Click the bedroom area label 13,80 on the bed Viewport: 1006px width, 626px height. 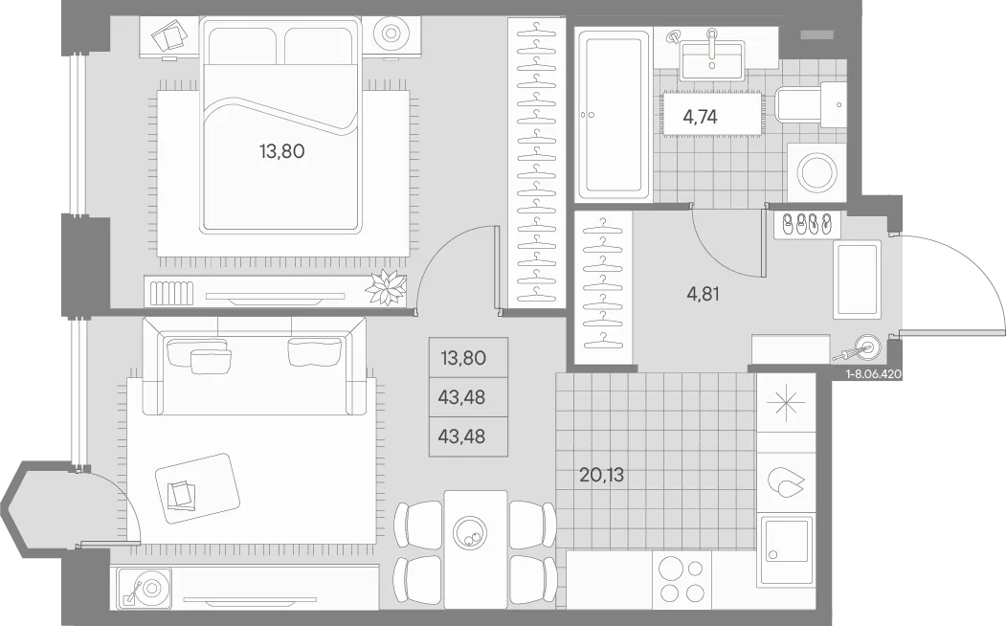click(x=281, y=151)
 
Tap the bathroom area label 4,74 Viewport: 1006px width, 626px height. click(x=700, y=117)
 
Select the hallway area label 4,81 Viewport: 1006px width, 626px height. click(x=703, y=294)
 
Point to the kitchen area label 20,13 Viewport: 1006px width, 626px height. click(x=601, y=476)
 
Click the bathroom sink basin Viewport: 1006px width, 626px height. click(x=711, y=61)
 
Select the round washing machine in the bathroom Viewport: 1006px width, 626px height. click(x=816, y=172)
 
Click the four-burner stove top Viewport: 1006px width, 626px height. click(x=682, y=580)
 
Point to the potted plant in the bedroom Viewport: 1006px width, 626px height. click(x=386, y=287)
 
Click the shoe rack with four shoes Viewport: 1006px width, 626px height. click(x=804, y=224)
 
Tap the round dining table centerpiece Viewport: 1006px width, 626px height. click(x=470, y=531)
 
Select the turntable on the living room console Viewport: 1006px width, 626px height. click(x=145, y=587)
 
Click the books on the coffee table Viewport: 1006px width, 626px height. click(x=182, y=494)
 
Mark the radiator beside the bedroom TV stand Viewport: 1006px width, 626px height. click(x=171, y=294)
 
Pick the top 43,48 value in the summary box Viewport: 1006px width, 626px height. click(x=461, y=397)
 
